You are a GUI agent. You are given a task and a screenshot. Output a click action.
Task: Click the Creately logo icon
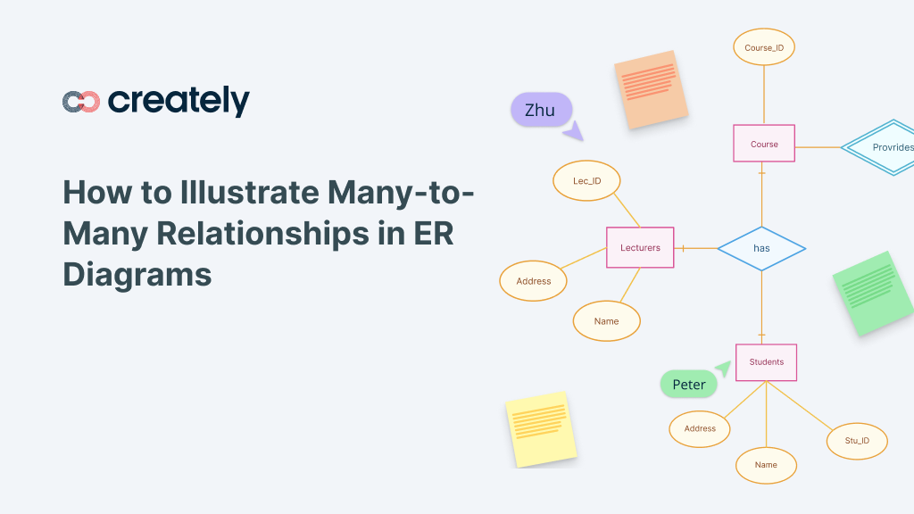click(81, 102)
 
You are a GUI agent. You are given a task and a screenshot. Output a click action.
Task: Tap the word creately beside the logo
click(179, 101)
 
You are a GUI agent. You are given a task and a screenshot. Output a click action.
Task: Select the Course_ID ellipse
click(763, 47)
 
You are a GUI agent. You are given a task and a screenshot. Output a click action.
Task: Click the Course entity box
click(763, 144)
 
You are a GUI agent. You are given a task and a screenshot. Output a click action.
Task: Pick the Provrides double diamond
click(884, 147)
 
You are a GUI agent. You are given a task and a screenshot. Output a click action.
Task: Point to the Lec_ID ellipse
click(586, 181)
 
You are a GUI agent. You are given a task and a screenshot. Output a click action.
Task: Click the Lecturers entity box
click(640, 247)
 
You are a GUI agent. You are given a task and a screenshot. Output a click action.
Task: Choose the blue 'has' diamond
click(761, 248)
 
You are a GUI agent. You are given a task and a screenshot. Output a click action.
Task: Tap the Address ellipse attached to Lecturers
click(534, 281)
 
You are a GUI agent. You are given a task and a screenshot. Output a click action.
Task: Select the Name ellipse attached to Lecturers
click(606, 321)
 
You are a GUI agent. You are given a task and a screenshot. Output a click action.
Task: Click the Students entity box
click(766, 362)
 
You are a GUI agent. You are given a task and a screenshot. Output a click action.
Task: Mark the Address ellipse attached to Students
click(700, 428)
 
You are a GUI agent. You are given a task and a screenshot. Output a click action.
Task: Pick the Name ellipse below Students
click(766, 465)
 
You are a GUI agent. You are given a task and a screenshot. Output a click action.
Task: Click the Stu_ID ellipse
click(857, 441)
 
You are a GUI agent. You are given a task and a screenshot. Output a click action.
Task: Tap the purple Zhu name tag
click(540, 110)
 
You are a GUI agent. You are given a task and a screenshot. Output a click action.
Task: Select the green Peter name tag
click(689, 385)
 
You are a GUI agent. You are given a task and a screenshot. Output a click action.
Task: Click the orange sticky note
click(651, 89)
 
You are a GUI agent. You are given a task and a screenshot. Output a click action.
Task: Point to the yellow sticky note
click(540, 428)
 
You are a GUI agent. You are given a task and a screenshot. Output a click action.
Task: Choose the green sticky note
click(874, 292)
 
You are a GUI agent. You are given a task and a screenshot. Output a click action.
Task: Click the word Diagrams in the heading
click(137, 272)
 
